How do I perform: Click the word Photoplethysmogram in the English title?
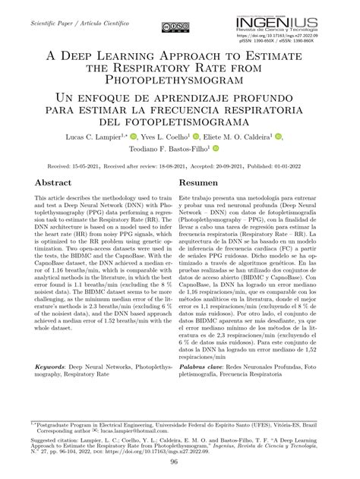[x=180, y=79]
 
